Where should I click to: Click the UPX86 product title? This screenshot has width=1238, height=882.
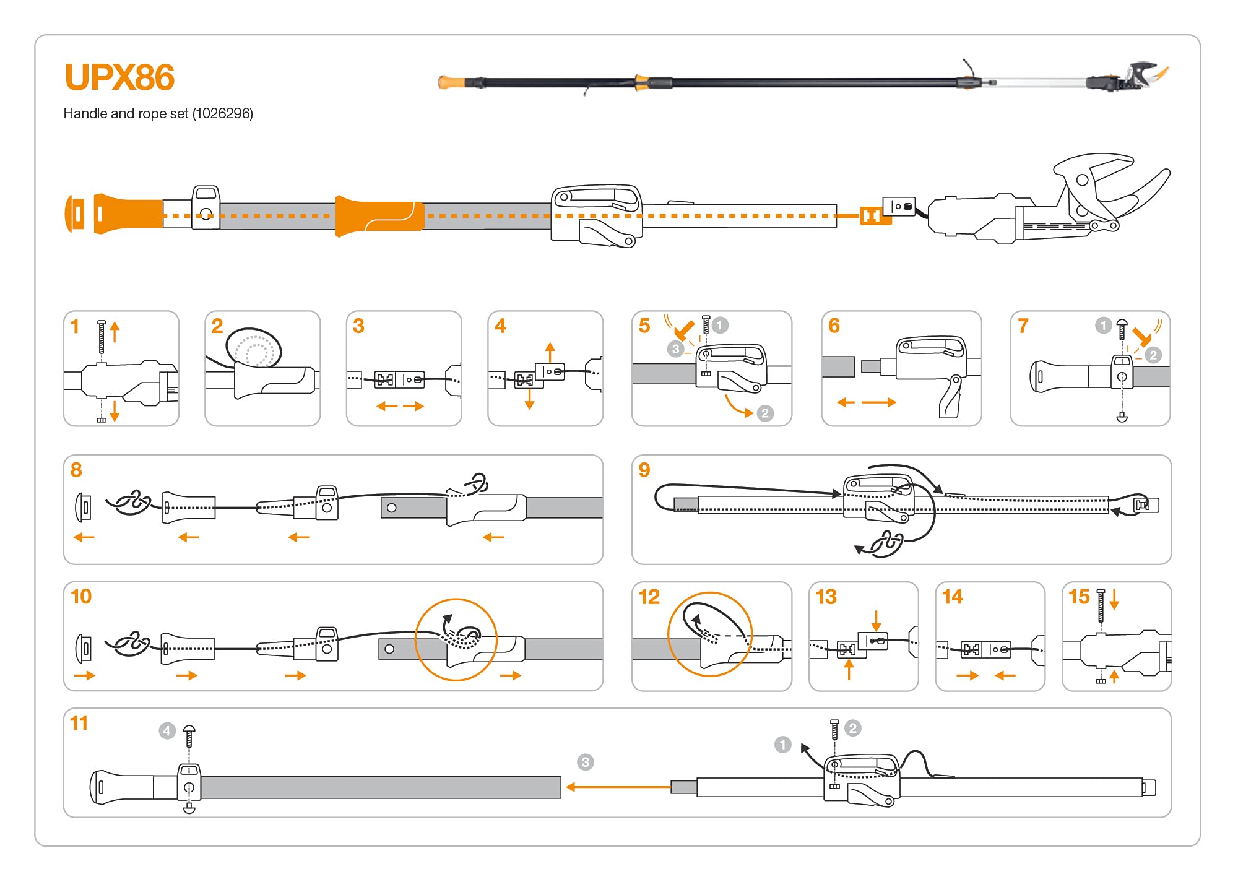tap(119, 77)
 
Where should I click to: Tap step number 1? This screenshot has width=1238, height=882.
tap(75, 326)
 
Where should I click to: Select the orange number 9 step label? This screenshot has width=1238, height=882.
tap(644, 470)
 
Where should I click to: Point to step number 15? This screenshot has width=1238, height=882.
tap(1079, 597)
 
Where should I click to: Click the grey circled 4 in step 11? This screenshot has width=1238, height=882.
tap(167, 731)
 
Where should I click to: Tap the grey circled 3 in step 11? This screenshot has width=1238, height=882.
tap(585, 762)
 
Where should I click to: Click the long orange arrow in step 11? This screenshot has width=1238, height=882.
tap(618, 787)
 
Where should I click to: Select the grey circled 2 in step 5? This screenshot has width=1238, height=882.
tap(765, 413)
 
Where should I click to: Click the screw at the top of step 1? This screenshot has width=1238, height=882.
tap(102, 337)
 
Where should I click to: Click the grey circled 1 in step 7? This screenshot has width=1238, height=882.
tap(1103, 326)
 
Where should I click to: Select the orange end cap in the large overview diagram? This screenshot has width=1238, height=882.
tap(75, 214)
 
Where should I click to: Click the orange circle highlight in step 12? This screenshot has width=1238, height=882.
tap(710, 634)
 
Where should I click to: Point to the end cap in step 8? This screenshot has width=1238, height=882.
tap(84, 508)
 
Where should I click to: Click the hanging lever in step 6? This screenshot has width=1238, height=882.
tap(951, 397)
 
